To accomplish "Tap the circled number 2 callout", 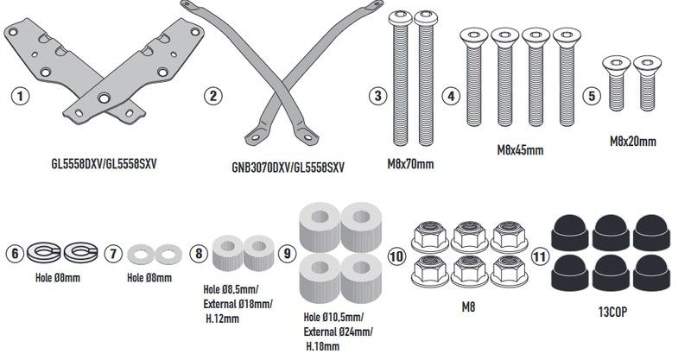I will tap(211, 97).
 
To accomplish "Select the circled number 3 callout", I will tap(375, 97).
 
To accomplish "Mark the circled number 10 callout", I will tap(396, 256).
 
